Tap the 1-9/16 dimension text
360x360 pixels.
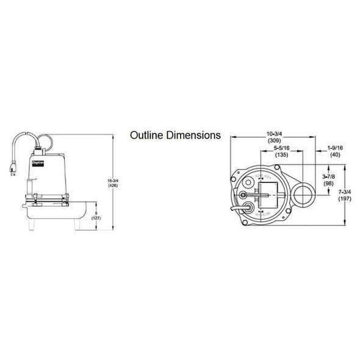[336, 148]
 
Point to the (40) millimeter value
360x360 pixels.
[336, 155]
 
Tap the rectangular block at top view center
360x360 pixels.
[269, 195]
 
